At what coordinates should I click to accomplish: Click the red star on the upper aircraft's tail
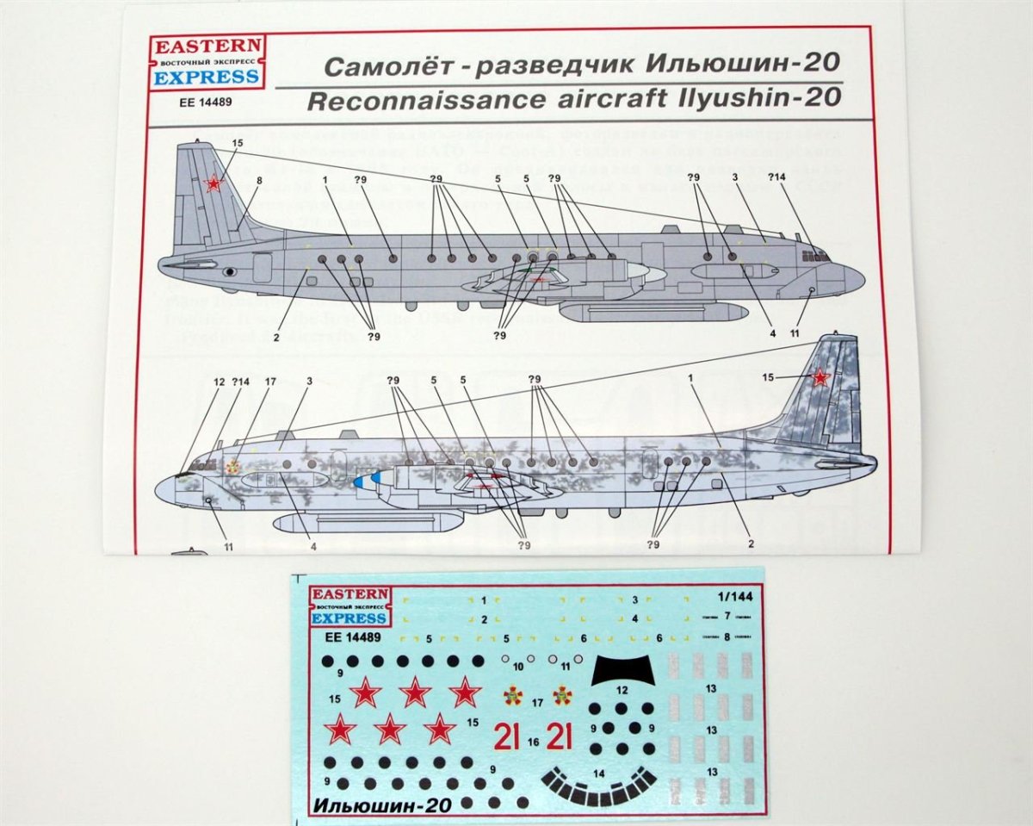(x=212, y=183)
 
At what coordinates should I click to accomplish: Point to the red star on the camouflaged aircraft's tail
(x=820, y=377)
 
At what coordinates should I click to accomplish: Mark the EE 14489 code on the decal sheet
(x=344, y=638)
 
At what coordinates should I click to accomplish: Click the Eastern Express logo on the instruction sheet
(x=207, y=64)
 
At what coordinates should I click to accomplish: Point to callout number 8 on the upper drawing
(x=258, y=180)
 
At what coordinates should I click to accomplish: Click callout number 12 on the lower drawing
(x=220, y=382)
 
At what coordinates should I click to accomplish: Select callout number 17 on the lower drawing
(x=271, y=382)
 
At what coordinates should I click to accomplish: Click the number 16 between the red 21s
(x=534, y=741)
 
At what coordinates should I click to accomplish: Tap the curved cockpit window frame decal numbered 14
(x=600, y=784)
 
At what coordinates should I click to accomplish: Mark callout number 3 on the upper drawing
(x=736, y=177)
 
